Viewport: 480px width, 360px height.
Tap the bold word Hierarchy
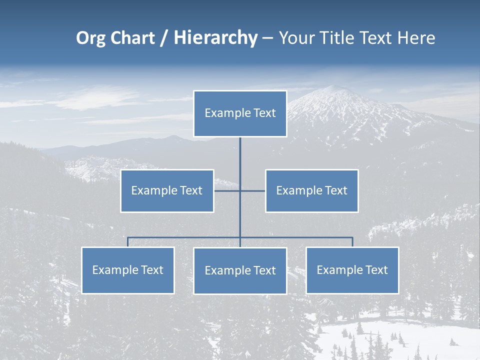pyautogui.click(x=215, y=38)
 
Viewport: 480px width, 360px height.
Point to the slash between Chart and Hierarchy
pyautogui.click(x=164, y=38)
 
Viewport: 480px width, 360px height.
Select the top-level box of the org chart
pyautogui.click(x=240, y=113)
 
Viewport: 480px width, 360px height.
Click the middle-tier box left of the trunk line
pyautogui.click(x=167, y=190)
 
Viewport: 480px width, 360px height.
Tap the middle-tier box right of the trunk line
pyautogui.click(x=311, y=190)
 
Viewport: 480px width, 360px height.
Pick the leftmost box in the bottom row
pyautogui.click(x=127, y=270)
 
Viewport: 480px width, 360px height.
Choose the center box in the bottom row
pyautogui.click(x=240, y=270)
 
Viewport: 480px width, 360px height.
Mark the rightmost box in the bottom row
pyautogui.click(x=352, y=270)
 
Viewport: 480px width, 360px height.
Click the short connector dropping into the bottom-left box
pyautogui.click(x=127, y=242)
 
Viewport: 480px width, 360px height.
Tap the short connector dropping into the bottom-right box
pyautogui.click(x=352, y=242)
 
